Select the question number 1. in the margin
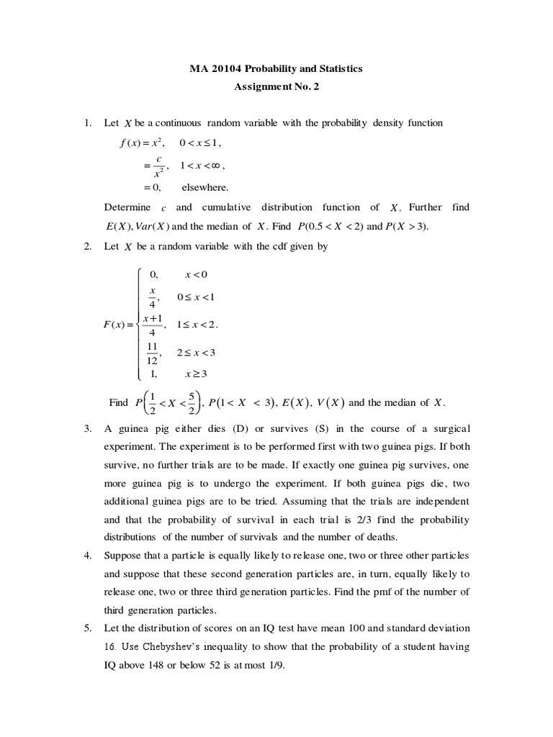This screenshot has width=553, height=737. click(89, 123)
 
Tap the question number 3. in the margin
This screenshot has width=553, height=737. click(89, 428)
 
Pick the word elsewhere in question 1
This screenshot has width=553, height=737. click(204, 187)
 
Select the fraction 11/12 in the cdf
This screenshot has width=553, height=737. click(152, 353)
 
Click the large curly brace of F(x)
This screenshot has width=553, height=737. click(139, 324)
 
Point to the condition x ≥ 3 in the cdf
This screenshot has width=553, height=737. click(196, 374)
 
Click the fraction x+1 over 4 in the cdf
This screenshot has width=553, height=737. click(152, 325)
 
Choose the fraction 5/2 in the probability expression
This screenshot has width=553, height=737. click(191, 402)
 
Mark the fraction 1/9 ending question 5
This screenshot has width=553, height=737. click(276, 666)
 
